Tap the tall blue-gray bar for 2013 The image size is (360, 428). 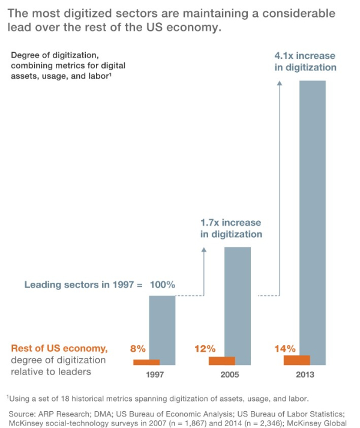[312, 216]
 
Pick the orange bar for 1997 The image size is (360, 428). [146, 362]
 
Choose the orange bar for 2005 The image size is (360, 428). [221, 361]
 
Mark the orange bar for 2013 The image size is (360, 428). [296, 360]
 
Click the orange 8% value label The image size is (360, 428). [138, 348]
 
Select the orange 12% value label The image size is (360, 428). [205, 348]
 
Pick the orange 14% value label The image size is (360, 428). [286, 348]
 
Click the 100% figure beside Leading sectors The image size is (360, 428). [162, 285]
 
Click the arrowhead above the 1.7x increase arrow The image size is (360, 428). [203, 252]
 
